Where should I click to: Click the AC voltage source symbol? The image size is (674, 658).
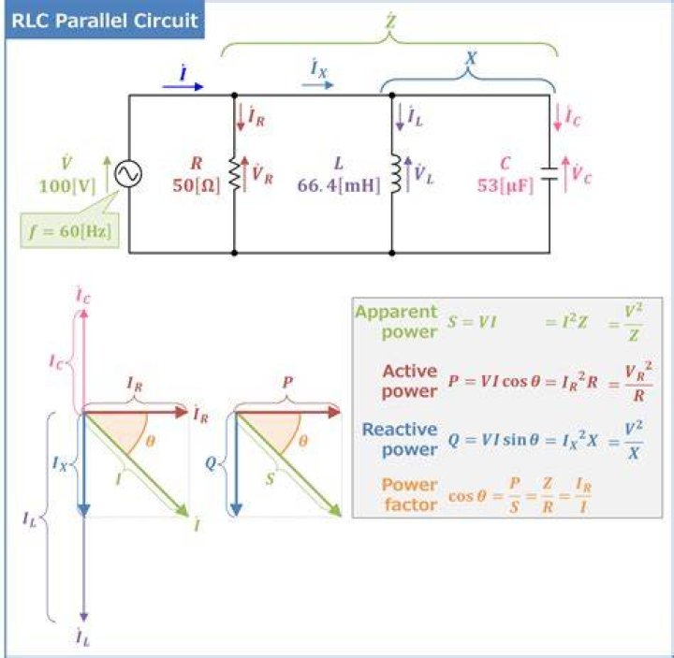tap(128, 174)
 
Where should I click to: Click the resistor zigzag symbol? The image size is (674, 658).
tap(234, 174)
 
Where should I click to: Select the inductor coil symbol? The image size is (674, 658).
tap(396, 174)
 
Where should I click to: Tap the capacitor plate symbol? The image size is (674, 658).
tap(549, 174)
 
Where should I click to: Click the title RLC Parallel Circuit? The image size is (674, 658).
tap(105, 21)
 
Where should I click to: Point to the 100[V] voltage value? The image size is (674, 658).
tap(67, 186)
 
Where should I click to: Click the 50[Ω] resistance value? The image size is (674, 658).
tap(196, 185)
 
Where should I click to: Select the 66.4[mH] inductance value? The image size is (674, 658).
tap(339, 185)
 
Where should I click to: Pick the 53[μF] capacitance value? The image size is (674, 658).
tap(505, 185)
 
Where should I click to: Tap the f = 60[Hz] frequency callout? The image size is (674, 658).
tap(70, 231)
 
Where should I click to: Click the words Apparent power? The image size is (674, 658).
tap(396, 321)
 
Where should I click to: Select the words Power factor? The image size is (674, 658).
tap(410, 494)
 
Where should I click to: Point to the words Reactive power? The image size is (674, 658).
tap(400, 439)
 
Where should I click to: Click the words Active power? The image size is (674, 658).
tap(410, 381)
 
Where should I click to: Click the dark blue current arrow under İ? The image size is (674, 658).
tap(183, 87)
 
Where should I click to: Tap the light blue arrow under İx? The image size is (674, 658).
tap(317, 84)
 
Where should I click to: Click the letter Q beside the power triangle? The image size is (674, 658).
tap(211, 463)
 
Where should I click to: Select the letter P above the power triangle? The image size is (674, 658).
tap(288, 382)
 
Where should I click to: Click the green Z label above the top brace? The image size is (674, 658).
tap(390, 21)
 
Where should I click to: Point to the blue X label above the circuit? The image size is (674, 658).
tap(471, 57)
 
